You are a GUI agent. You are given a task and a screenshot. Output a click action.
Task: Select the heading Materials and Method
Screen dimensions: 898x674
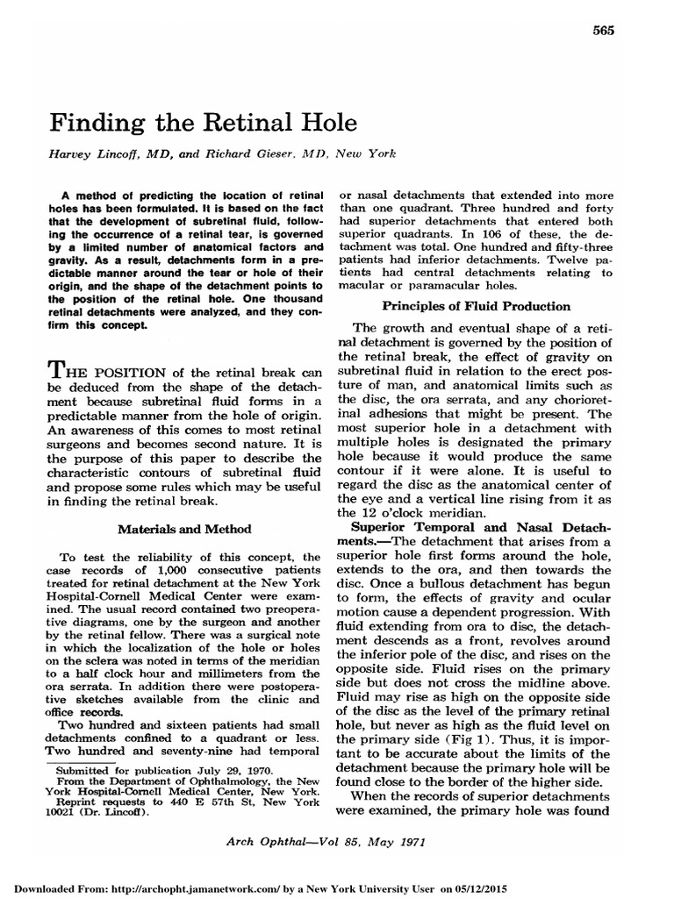(184, 529)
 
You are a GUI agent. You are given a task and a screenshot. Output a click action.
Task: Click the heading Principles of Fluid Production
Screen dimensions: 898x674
(476, 306)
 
